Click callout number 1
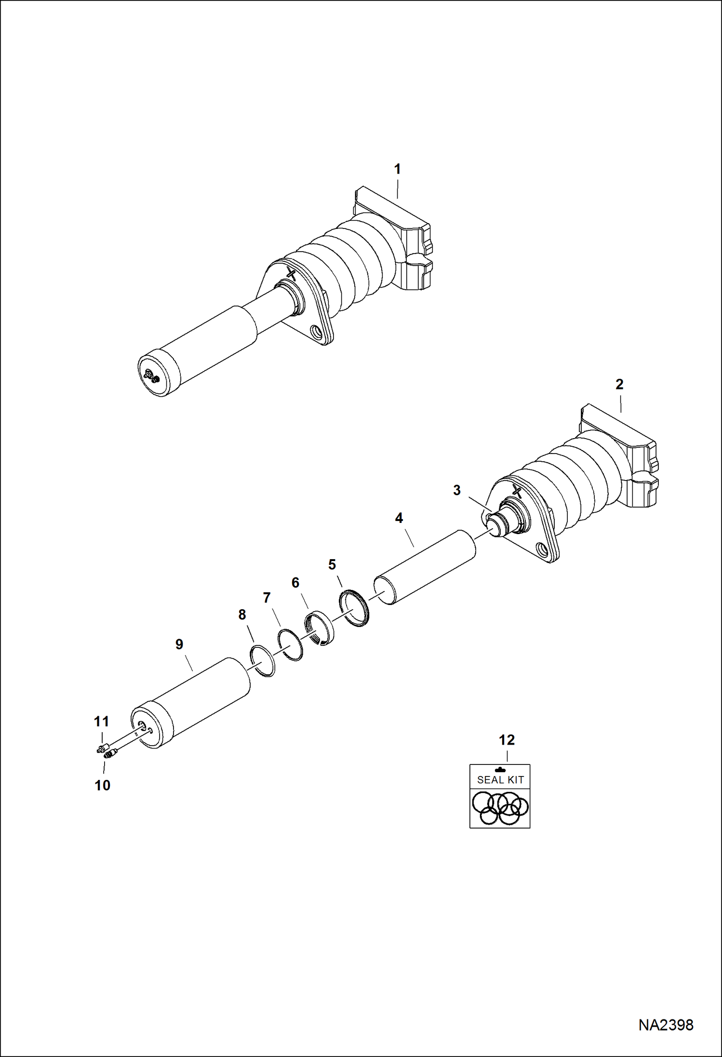tap(397, 169)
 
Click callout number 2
tap(619, 384)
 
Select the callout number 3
tap(457, 490)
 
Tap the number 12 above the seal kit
tap(507, 740)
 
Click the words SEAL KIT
tap(500, 780)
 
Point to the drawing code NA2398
tap(666, 1025)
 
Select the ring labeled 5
tap(354, 609)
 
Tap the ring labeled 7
tap(291, 645)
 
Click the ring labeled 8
tap(263, 661)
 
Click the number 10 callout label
tap(102, 785)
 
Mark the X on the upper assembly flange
tap(291, 274)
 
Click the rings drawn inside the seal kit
tap(500, 808)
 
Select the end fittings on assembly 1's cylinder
tap(152, 376)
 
